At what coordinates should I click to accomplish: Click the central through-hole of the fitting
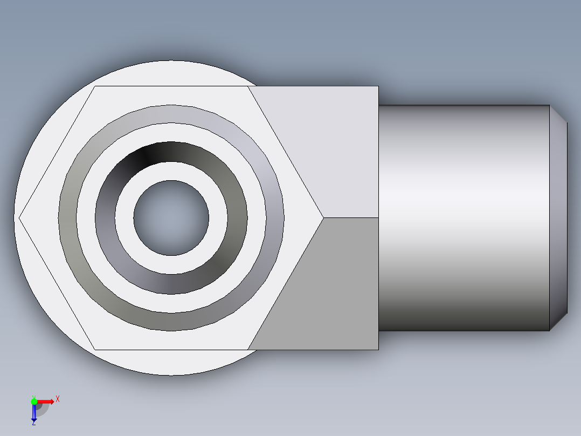171,218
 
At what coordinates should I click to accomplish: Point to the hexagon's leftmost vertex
20,218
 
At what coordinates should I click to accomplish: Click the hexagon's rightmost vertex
323,218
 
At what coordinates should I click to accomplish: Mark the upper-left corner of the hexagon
95,86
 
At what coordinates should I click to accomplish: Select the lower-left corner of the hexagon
95,349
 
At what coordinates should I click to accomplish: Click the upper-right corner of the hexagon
248,86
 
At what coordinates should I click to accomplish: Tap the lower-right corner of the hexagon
248,349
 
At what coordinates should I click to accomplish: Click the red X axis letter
58,399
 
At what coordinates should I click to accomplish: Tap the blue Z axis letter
33,424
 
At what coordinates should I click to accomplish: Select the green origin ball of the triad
34,401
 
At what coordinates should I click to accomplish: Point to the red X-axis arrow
46,401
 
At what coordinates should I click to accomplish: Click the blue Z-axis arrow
34,413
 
